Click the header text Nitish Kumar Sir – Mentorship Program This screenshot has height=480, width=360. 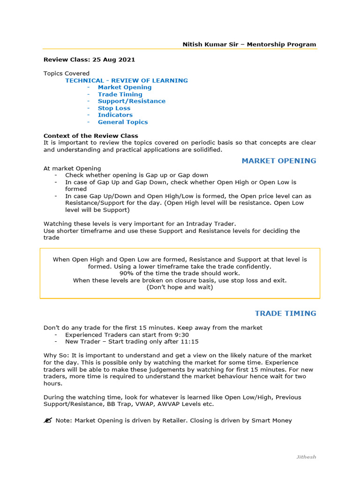click(x=249, y=45)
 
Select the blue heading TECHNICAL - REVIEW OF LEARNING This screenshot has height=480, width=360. click(x=127, y=80)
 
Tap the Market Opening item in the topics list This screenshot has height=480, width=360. click(x=125, y=87)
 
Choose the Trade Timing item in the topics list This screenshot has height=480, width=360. click(x=120, y=94)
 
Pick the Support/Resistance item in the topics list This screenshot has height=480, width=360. click(x=131, y=101)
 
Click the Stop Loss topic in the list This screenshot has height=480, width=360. click(x=114, y=108)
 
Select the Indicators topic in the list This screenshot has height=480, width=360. click(x=115, y=115)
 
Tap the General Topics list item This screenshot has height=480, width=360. click(x=123, y=122)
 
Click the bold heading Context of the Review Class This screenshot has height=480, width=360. click(x=84, y=136)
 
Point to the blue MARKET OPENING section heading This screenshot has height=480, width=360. click(x=278, y=161)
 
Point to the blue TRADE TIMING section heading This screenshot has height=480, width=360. click(x=285, y=313)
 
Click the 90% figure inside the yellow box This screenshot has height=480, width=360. click(x=127, y=273)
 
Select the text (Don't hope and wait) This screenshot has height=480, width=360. click(x=180, y=287)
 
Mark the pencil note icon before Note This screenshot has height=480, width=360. click(x=47, y=420)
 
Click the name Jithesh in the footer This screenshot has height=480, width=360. click(x=306, y=457)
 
